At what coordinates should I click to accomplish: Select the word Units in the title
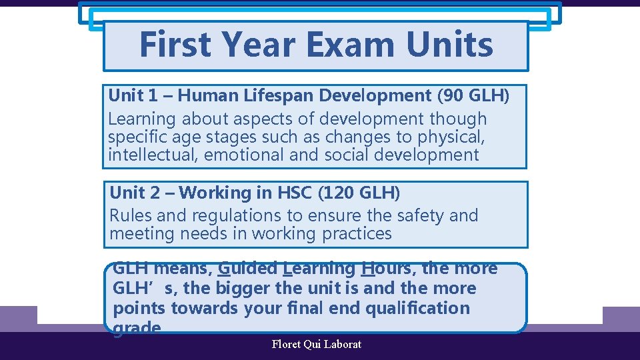coord(449,45)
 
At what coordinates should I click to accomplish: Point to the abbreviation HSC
coord(295,193)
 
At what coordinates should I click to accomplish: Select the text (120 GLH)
coord(360,193)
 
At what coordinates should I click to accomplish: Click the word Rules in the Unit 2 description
coord(129,216)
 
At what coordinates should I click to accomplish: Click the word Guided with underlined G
coord(247,269)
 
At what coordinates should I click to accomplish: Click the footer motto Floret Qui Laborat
coord(317,345)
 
